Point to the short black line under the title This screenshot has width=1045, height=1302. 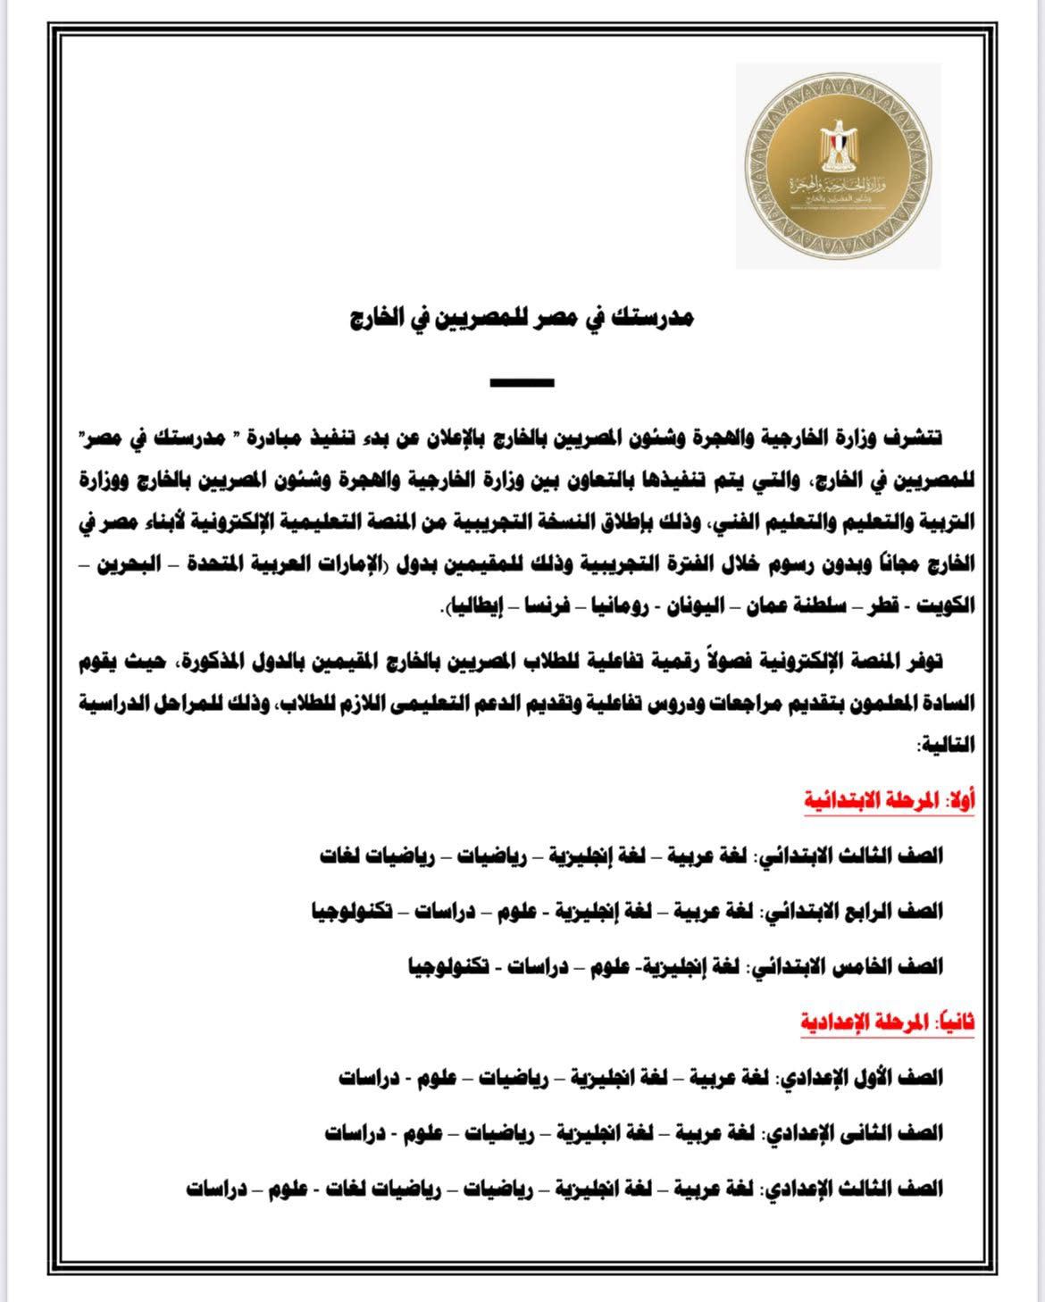[522, 383]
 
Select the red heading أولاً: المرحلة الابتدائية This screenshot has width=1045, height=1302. [889, 801]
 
